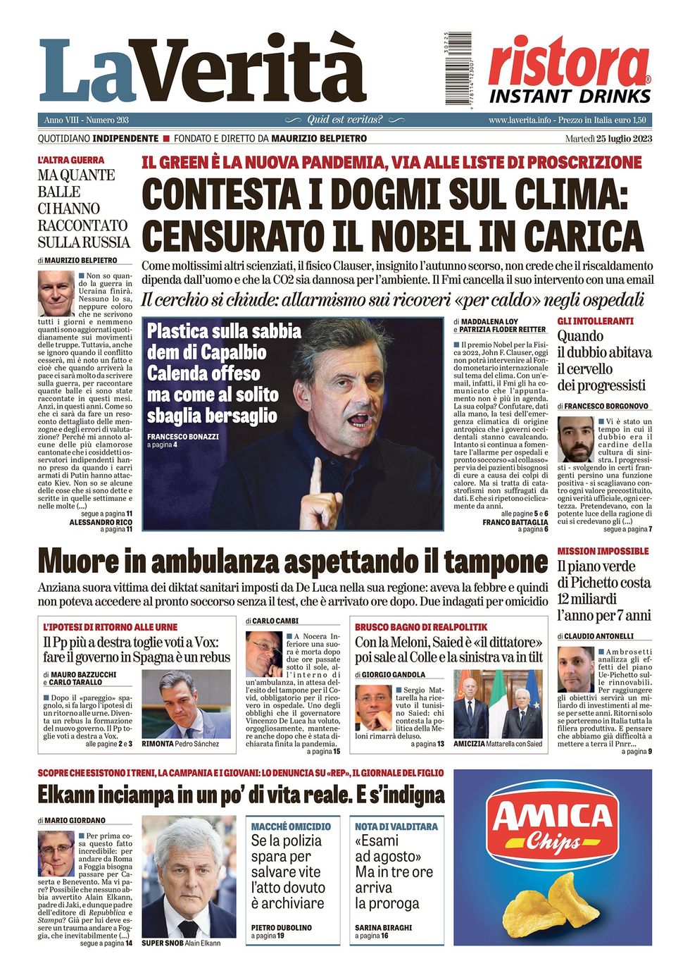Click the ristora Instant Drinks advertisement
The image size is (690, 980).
[x=569, y=70]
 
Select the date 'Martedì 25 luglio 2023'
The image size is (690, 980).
[x=608, y=138]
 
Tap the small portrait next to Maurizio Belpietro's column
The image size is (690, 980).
[x=56, y=293]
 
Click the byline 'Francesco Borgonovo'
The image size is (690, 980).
[x=606, y=407]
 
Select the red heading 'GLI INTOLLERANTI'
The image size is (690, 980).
[x=595, y=321]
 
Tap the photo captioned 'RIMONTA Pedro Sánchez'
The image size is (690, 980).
[x=186, y=704]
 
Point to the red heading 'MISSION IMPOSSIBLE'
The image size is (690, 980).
[x=603, y=551]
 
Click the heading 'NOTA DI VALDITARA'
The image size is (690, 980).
[x=396, y=826]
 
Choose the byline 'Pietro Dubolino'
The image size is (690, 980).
[x=281, y=928]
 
